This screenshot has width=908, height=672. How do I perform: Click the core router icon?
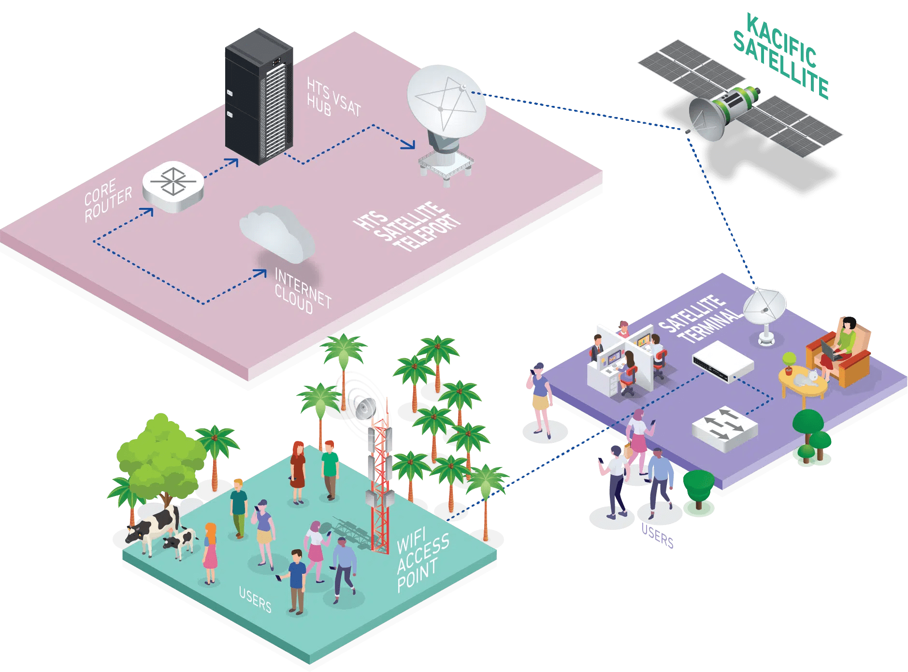[x=173, y=186]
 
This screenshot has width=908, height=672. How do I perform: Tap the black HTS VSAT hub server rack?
[x=259, y=97]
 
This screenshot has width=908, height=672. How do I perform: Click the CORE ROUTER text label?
[x=107, y=200]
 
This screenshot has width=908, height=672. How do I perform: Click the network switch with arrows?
[x=724, y=428]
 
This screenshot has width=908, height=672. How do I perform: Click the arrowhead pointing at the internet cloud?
[x=262, y=273]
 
